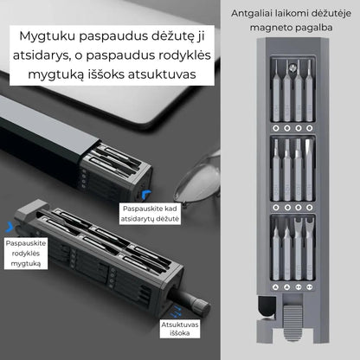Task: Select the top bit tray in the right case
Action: click(292, 93)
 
